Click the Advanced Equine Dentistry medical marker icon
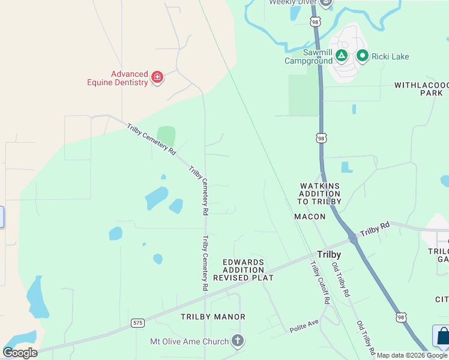click(x=157, y=77)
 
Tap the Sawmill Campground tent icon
click(x=341, y=56)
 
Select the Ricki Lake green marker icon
click(x=362, y=56)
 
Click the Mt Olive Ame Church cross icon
click(x=238, y=341)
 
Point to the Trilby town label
click(x=328, y=254)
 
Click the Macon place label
click(x=310, y=216)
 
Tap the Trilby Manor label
click(x=213, y=316)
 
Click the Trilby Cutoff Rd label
click(x=320, y=282)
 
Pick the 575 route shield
click(x=138, y=323)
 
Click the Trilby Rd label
click(x=375, y=229)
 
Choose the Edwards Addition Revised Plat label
click(x=243, y=270)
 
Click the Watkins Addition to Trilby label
click(x=321, y=194)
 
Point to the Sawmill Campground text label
click(x=308, y=56)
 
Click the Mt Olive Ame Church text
click(x=189, y=341)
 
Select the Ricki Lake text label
click(x=390, y=57)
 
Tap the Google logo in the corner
click(x=20, y=353)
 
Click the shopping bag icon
click(x=443, y=337)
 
